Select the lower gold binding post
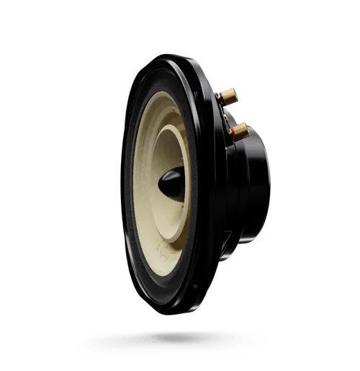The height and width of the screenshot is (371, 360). point(239,131)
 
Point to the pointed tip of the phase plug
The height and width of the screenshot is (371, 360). point(160,182)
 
